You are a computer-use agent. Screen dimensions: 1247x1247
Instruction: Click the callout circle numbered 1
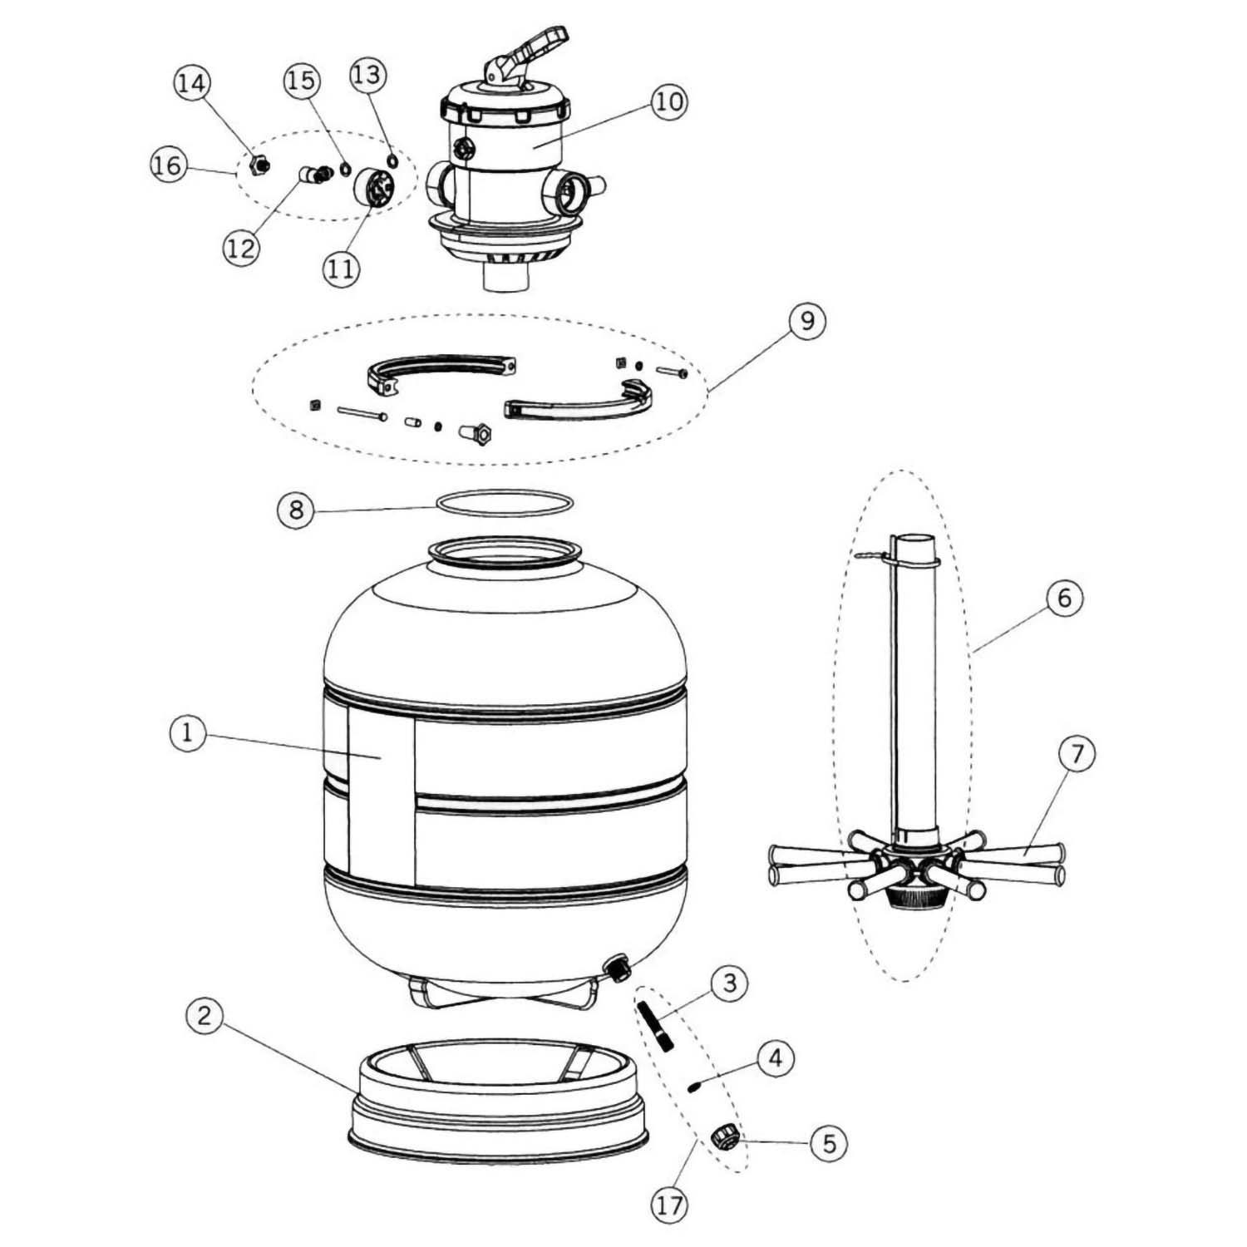[x=187, y=733]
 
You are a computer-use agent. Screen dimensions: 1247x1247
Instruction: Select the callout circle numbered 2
[x=205, y=1016]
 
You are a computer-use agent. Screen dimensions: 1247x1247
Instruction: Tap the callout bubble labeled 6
[x=1065, y=597]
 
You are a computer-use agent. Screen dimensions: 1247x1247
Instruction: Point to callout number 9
[x=807, y=320]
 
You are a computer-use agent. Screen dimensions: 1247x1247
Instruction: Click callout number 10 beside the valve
[x=669, y=101]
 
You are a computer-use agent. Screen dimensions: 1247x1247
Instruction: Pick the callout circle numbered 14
[x=192, y=82]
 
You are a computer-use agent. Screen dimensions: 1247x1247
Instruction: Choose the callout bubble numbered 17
[x=670, y=1205]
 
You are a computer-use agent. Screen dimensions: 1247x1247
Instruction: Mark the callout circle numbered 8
[x=297, y=509]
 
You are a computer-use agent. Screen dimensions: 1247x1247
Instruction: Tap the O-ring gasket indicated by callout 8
[x=505, y=503]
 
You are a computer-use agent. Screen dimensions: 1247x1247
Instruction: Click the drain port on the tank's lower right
[x=617, y=968]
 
